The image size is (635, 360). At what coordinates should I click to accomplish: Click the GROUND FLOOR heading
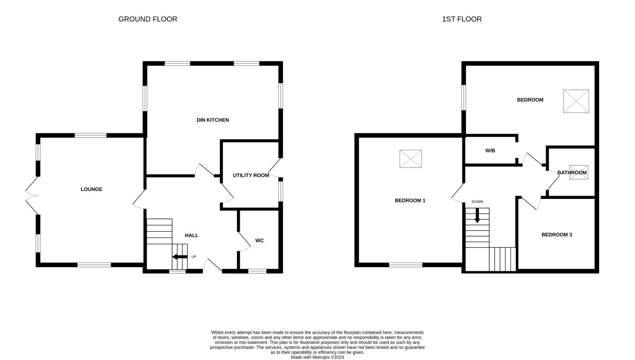(x=148, y=19)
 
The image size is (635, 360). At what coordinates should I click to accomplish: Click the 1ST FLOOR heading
(x=462, y=19)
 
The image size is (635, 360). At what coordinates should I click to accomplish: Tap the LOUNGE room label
(x=91, y=189)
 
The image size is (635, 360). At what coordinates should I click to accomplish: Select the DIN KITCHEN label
(x=213, y=120)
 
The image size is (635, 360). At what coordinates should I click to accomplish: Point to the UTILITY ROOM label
(x=251, y=175)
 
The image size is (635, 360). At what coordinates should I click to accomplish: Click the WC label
(x=259, y=241)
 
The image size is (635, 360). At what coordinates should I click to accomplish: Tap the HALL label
(x=192, y=235)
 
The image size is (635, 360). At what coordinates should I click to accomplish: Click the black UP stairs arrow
(x=180, y=257)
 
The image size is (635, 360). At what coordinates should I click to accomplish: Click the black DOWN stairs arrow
(x=478, y=216)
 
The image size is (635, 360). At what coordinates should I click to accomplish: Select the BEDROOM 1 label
(x=410, y=201)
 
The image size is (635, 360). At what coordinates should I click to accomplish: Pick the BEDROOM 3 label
(x=556, y=234)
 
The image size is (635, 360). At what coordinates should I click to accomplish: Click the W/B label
(x=490, y=151)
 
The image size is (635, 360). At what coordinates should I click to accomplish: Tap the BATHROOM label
(x=572, y=172)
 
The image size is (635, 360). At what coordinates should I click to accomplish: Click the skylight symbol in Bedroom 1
(x=411, y=159)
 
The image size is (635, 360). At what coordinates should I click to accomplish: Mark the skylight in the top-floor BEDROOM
(x=576, y=101)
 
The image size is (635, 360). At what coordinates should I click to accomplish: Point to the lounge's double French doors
(x=32, y=196)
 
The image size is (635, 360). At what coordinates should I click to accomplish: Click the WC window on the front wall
(x=257, y=271)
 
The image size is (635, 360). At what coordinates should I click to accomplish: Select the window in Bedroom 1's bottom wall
(x=406, y=265)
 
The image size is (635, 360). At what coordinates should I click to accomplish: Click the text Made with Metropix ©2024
(x=317, y=357)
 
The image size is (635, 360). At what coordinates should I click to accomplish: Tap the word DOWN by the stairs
(x=477, y=202)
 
